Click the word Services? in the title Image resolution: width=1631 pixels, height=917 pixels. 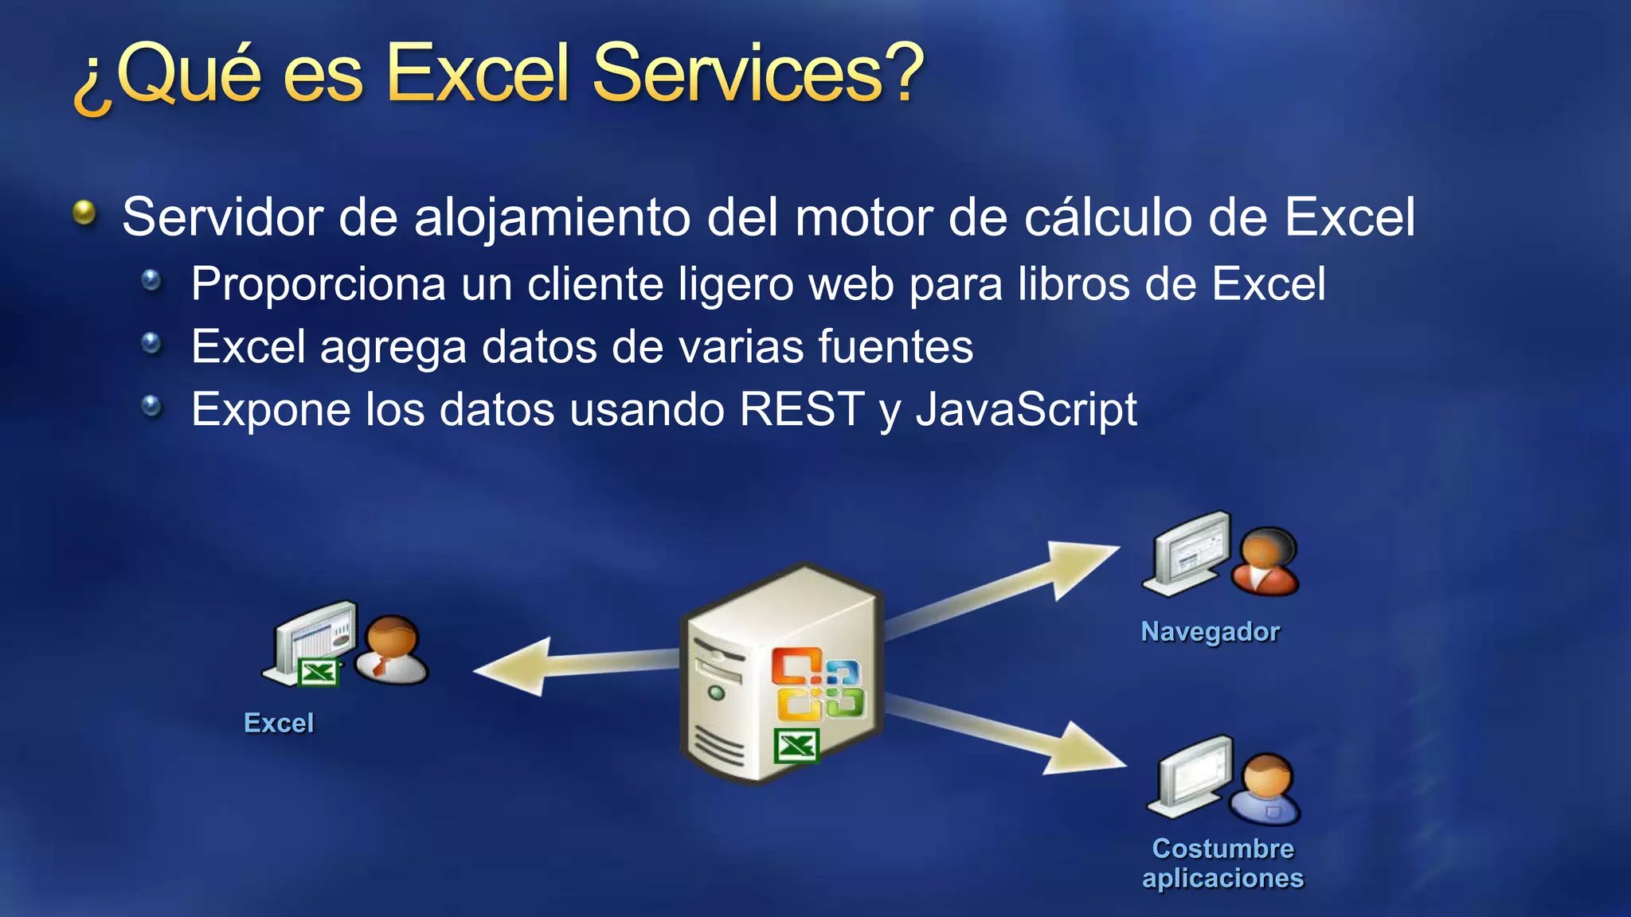(x=757, y=74)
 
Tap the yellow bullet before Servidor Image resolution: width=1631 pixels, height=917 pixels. (x=84, y=213)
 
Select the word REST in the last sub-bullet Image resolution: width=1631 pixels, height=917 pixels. (x=801, y=410)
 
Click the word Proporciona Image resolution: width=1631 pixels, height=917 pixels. (x=318, y=284)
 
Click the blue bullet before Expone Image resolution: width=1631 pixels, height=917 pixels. (x=151, y=407)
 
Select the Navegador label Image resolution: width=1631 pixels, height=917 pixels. (x=1209, y=631)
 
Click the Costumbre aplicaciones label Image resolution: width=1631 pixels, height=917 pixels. (x=1222, y=863)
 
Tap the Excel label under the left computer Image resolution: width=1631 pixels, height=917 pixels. (x=279, y=723)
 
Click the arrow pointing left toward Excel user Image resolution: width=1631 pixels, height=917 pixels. (x=557, y=665)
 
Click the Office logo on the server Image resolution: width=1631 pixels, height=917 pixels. (x=816, y=685)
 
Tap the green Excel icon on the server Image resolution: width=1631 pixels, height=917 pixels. (x=796, y=747)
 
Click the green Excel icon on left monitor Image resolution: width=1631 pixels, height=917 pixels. (x=319, y=673)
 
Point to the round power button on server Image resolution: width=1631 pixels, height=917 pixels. (x=716, y=693)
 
